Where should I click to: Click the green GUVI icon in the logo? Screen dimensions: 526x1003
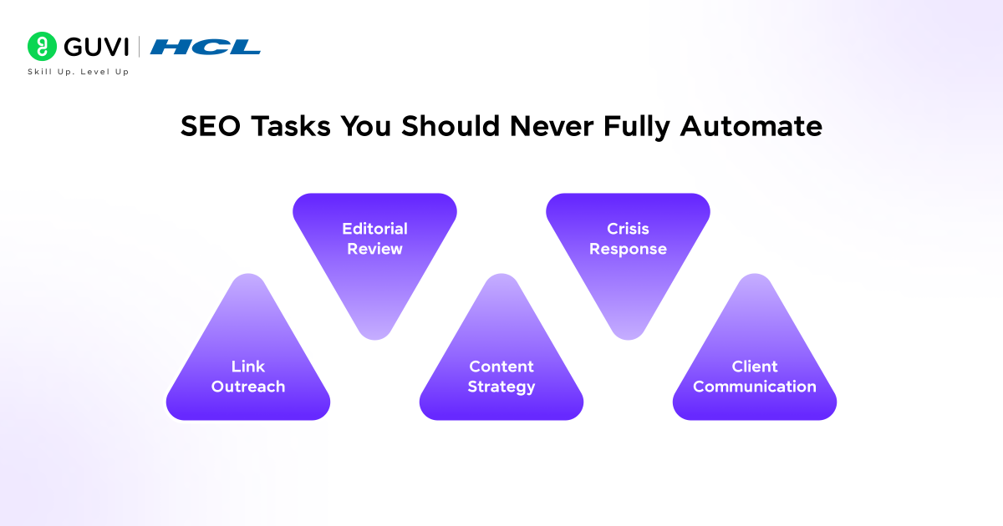point(41,46)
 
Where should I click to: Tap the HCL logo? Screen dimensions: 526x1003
point(206,47)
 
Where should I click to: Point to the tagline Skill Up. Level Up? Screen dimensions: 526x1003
point(79,72)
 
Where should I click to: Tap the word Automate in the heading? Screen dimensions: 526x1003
point(751,126)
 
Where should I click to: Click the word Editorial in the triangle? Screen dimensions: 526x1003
point(374,229)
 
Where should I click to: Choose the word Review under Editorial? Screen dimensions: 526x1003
point(374,249)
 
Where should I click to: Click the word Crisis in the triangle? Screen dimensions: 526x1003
point(628,229)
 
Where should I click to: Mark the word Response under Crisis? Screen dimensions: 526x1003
point(628,249)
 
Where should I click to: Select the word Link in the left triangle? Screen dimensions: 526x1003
point(247,367)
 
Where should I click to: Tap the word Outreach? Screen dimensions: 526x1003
point(247,387)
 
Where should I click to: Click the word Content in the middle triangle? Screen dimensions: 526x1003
point(501,367)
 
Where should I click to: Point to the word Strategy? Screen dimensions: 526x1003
point(501,387)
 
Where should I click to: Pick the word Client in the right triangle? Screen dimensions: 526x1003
point(754,367)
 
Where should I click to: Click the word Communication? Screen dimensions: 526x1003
point(754,387)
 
